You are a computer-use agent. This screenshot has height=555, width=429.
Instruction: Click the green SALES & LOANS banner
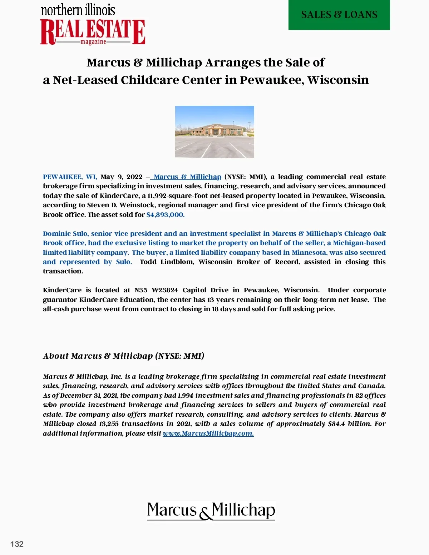pos(339,15)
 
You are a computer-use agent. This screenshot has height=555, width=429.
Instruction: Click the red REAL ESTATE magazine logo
pos(93,32)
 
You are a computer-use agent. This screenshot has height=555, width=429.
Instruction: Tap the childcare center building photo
pos(214,132)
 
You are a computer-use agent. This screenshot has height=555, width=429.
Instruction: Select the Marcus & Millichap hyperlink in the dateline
pos(187,177)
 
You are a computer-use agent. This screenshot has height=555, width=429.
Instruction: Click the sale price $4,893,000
pos(165,215)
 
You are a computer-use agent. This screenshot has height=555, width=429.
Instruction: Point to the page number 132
pos(17,544)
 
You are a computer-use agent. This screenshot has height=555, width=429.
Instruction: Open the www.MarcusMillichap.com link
pos(208,433)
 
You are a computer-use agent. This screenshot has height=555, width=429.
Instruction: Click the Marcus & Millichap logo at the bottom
pos(211,510)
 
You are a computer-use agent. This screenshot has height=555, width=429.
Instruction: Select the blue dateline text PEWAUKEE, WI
pos(69,177)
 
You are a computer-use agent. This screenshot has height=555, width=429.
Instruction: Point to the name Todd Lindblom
pos(167,262)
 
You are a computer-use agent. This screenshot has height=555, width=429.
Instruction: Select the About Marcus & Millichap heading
pos(123,356)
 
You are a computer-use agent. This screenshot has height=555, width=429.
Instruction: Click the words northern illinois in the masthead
pos(78,10)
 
